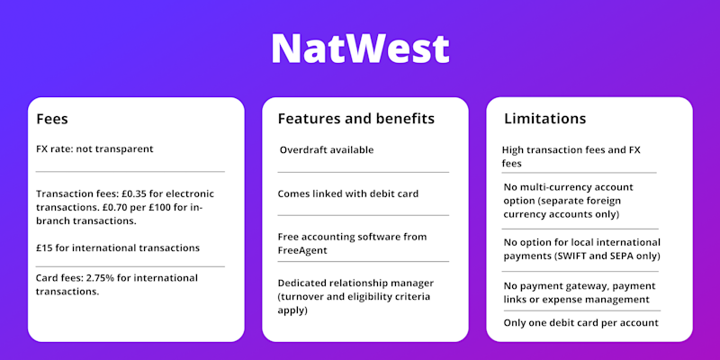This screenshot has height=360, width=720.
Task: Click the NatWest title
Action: tap(360, 49)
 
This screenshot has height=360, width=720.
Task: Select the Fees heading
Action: tap(52, 119)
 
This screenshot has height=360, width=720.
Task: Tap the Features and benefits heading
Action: tap(355, 119)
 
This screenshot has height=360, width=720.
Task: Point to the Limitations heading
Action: tap(545, 119)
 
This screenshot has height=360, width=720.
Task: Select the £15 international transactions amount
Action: tap(43, 248)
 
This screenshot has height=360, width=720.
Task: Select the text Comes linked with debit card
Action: tap(348, 193)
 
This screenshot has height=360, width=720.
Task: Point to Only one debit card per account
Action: tap(580, 323)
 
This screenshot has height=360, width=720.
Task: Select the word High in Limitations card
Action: tap(512, 149)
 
